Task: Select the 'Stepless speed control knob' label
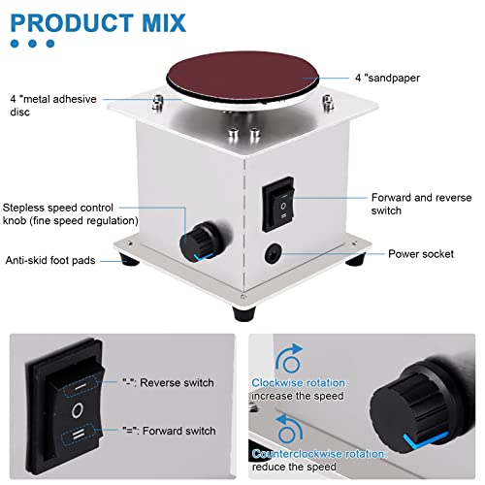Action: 70,213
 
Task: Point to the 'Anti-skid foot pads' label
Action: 56,259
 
